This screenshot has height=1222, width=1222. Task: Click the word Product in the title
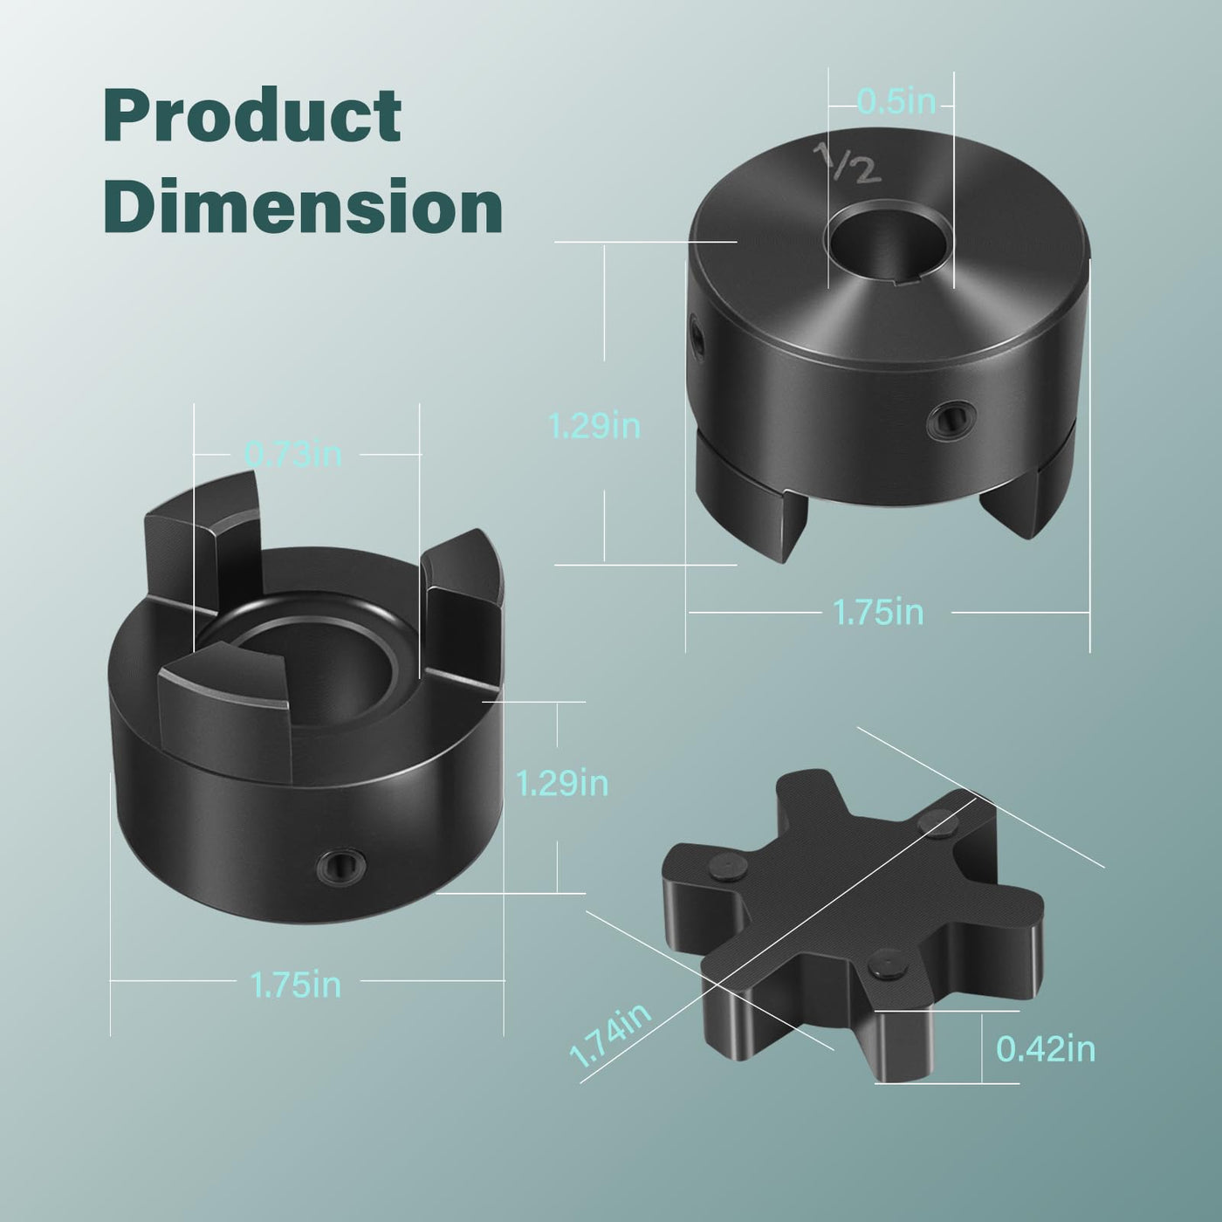tap(252, 114)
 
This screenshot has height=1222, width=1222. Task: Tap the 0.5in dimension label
tap(896, 101)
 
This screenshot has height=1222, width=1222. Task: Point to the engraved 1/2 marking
tap(848, 163)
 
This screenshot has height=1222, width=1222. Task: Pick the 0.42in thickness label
tap(1046, 1047)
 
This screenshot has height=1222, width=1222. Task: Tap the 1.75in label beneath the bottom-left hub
tap(296, 985)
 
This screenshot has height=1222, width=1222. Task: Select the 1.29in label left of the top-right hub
tap(594, 425)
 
